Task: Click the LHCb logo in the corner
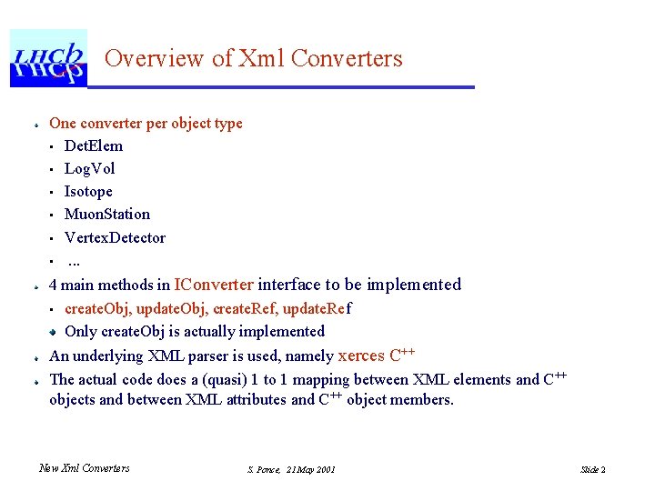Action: click(48, 57)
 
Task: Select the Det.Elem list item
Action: click(93, 145)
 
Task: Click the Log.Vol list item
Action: click(89, 168)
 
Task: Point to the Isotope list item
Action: click(88, 191)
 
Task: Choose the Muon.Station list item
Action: click(106, 214)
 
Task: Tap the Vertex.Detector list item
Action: click(115, 237)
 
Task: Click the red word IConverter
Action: click(214, 285)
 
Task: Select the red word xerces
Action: click(361, 356)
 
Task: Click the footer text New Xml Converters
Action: click(84, 468)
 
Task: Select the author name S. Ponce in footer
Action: click(263, 469)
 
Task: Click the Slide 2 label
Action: click(592, 469)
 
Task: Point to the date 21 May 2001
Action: click(310, 469)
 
